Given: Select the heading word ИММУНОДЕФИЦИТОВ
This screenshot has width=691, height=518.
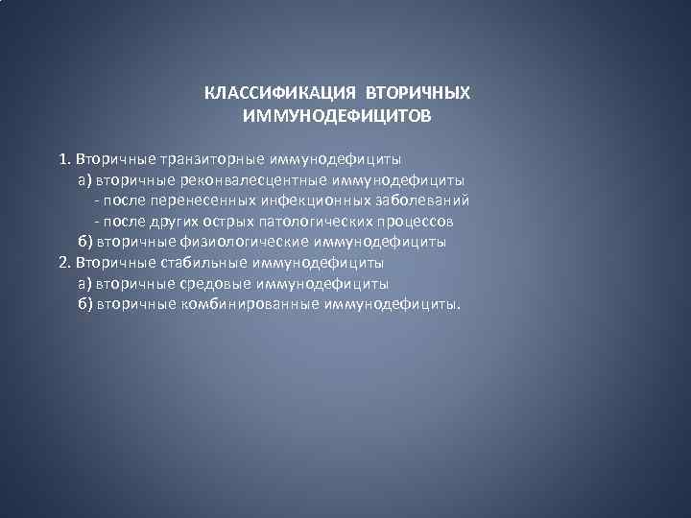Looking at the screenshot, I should point(338,116).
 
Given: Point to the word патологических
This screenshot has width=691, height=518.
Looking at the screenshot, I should point(320,221).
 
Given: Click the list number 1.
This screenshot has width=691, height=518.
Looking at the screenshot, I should point(64,157).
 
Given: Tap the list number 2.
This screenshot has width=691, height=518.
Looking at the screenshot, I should point(64,263).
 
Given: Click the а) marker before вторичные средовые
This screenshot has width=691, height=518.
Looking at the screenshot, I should point(83,284).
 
